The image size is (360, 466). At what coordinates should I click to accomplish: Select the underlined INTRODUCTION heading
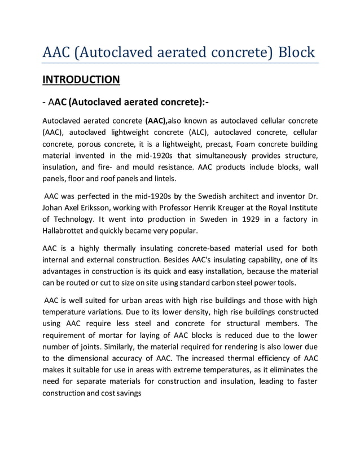[81, 79]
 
